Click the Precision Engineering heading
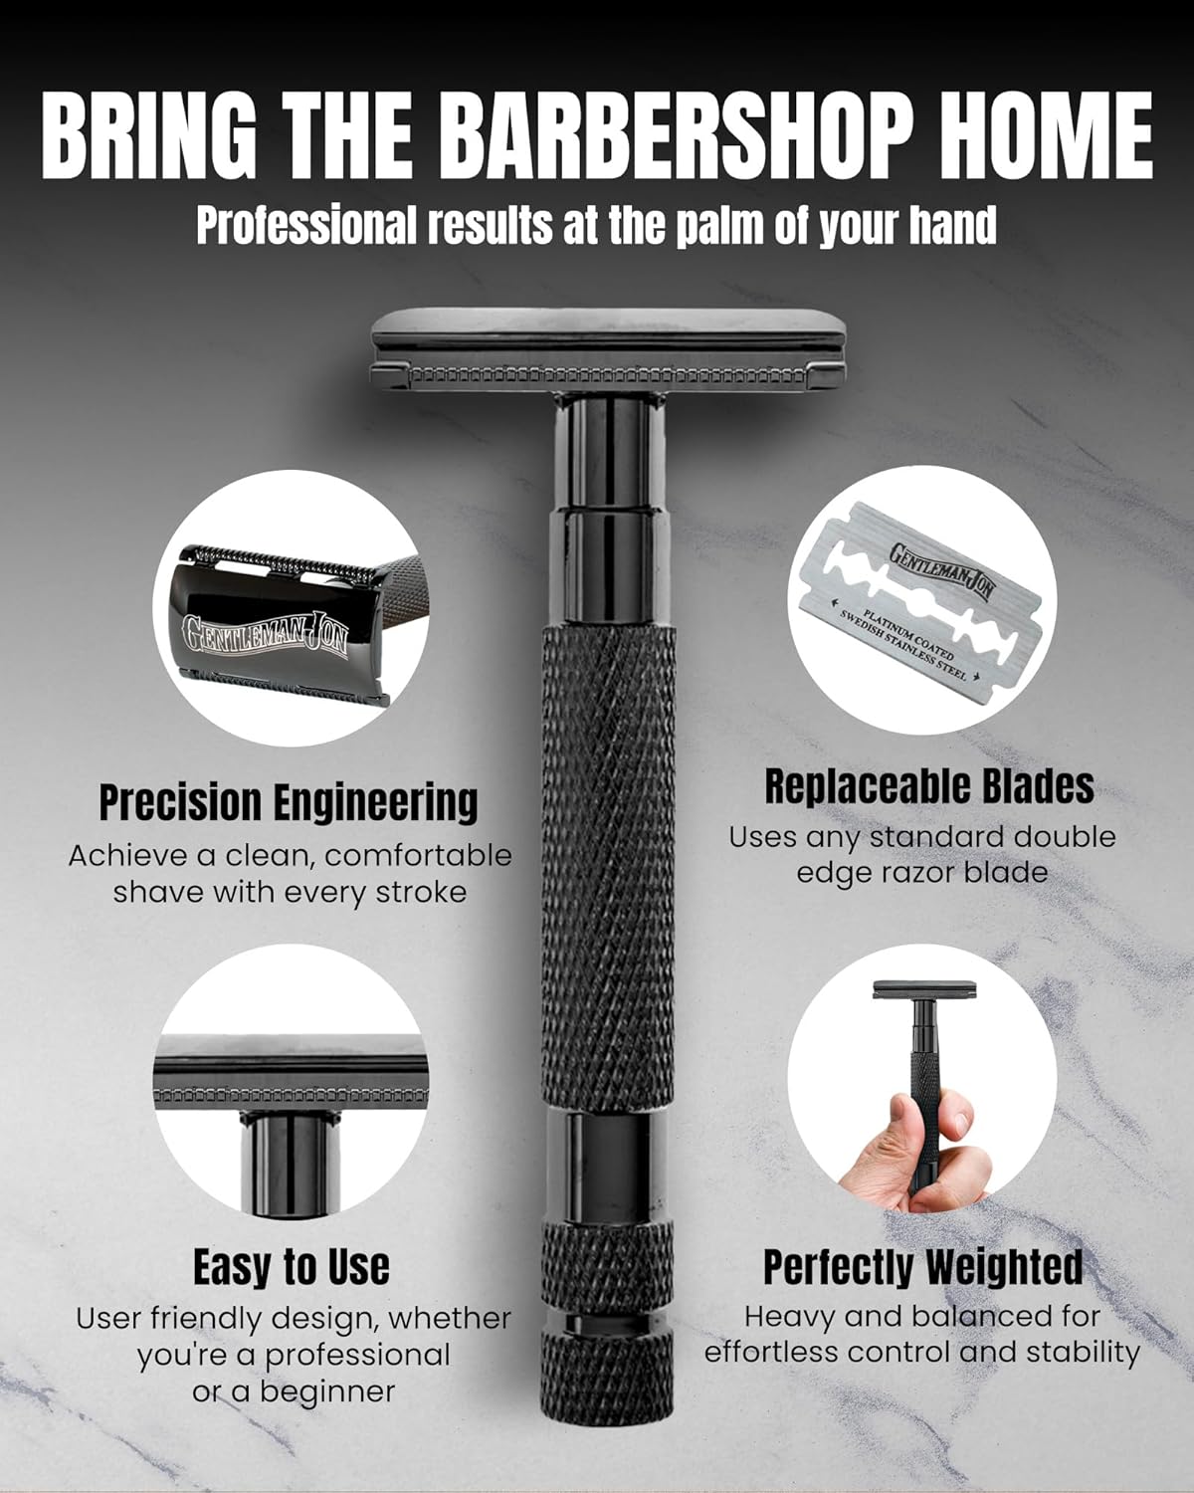tap(289, 802)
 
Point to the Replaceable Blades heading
tap(928, 786)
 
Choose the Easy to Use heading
tap(291, 1267)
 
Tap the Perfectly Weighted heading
tap(922, 1267)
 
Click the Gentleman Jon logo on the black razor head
tap(264, 633)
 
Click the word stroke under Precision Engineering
tap(420, 891)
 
